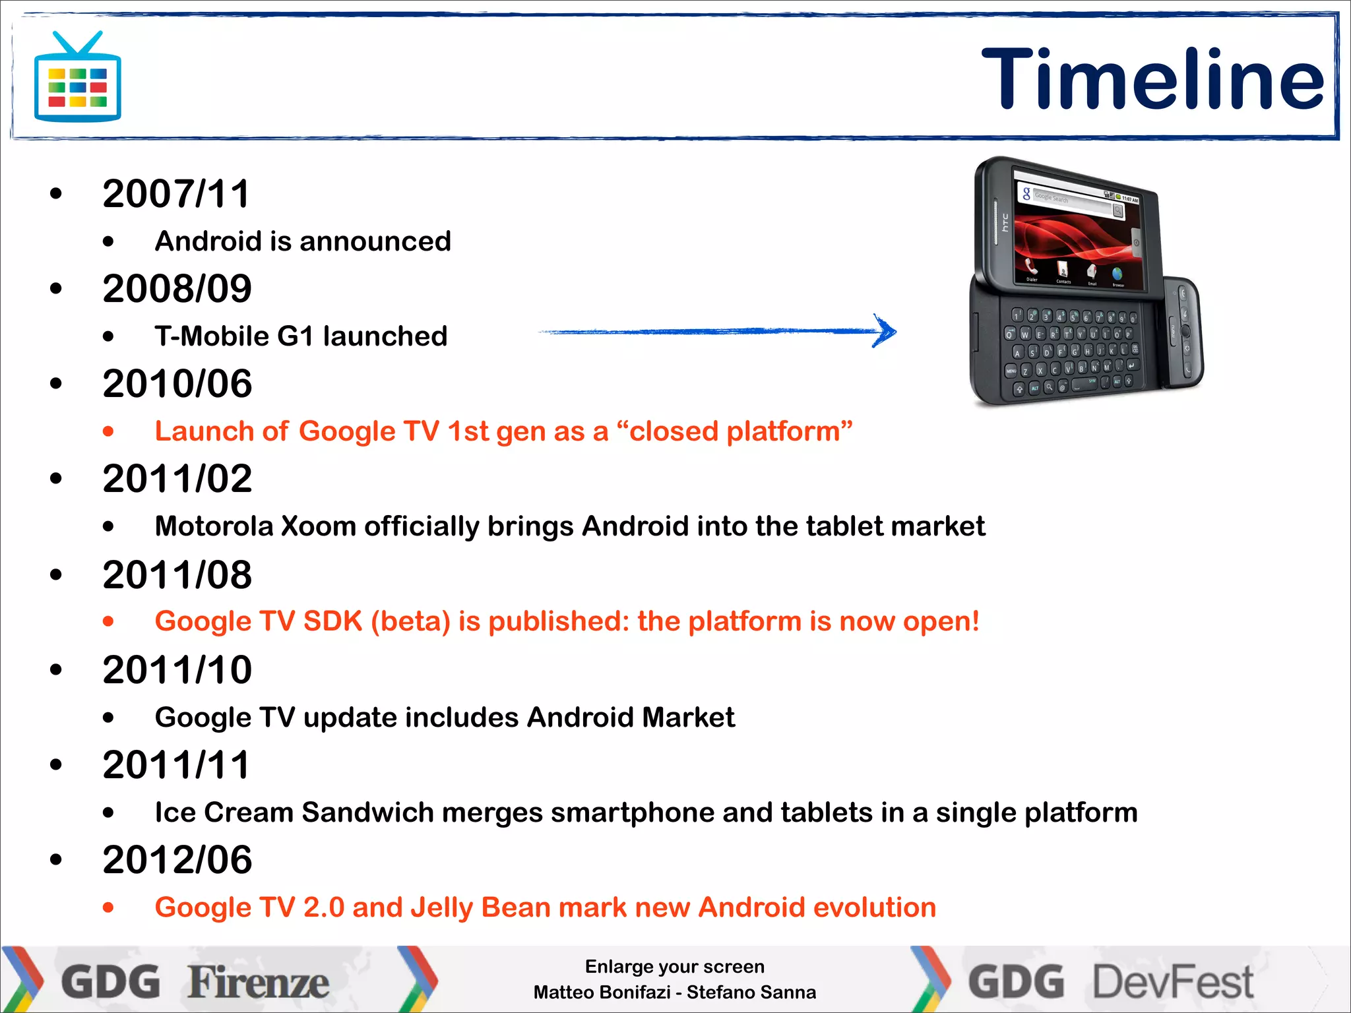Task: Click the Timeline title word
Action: click(x=1152, y=79)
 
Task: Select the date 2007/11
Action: click(x=176, y=194)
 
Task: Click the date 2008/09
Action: click(x=177, y=289)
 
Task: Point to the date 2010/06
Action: click(x=177, y=384)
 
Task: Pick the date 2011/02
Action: click(x=177, y=479)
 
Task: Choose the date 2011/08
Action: click(x=177, y=574)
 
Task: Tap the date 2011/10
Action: click(x=177, y=669)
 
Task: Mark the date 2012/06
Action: click(x=177, y=860)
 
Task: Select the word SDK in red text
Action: click(x=332, y=621)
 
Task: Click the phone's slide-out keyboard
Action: click(x=1072, y=353)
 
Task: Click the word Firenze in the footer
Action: click(x=258, y=983)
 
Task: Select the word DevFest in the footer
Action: click(x=1173, y=983)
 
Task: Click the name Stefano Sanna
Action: click(x=751, y=992)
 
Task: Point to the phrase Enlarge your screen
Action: click(x=674, y=967)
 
